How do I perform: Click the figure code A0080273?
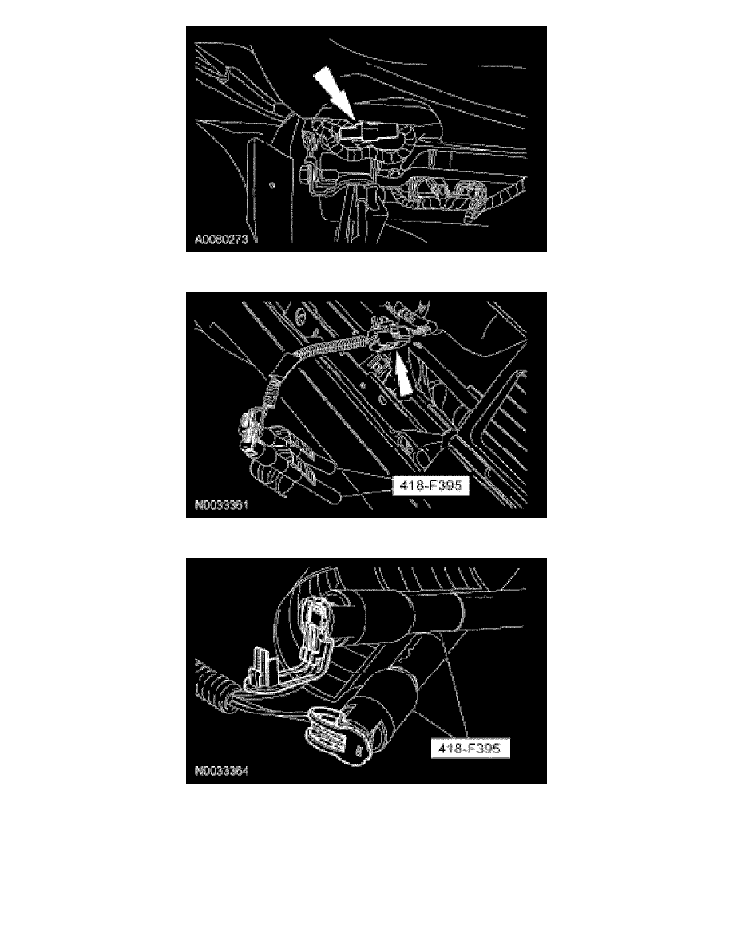click(221, 239)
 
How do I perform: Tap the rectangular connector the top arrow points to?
click(363, 133)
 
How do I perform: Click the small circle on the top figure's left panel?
click(272, 184)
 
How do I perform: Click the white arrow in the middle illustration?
click(402, 374)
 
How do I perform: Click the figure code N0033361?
click(221, 505)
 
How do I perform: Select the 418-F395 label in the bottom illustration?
click(470, 749)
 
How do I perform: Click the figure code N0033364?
click(221, 771)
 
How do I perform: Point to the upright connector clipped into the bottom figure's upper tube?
click(317, 622)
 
